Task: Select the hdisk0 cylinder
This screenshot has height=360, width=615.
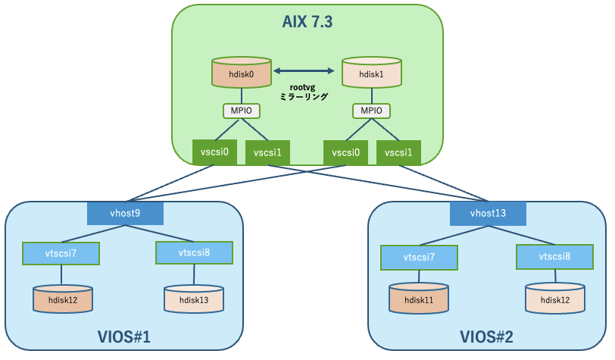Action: [241, 74]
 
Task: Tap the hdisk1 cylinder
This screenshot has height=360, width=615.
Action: [371, 74]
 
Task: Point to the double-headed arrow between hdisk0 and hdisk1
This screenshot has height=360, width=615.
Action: [304, 71]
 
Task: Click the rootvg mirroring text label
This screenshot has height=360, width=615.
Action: [303, 92]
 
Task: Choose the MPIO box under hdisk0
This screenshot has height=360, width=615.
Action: [241, 111]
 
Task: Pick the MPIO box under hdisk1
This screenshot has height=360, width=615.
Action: [371, 111]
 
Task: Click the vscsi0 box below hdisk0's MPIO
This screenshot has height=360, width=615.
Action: [215, 152]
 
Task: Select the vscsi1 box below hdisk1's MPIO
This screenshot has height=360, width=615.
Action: [398, 152]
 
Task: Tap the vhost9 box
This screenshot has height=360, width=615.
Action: [126, 213]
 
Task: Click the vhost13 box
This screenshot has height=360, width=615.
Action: [489, 213]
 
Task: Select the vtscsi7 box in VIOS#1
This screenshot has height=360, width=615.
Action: [61, 252]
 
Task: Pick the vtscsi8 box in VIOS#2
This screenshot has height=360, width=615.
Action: [554, 257]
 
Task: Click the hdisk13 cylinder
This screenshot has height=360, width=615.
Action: [193, 299]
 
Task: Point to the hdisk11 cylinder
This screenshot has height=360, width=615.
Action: [419, 300]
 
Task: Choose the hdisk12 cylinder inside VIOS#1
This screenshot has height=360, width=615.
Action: [62, 299]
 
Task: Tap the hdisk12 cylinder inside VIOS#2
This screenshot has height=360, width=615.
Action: [556, 300]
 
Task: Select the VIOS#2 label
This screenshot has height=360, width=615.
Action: [486, 336]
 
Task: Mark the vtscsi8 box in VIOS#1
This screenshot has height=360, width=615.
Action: [193, 252]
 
